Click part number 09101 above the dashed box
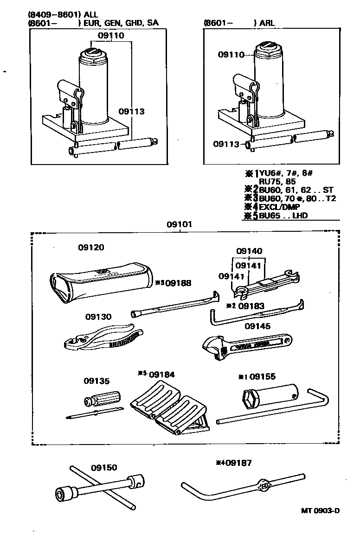click(180, 225)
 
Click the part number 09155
click(263, 376)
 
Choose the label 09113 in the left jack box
click(131, 111)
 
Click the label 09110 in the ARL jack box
click(231, 55)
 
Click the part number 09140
click(249, 251)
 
